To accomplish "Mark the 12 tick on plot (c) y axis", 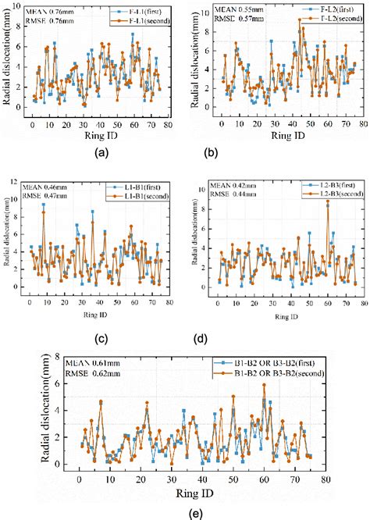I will coord(20,182).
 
